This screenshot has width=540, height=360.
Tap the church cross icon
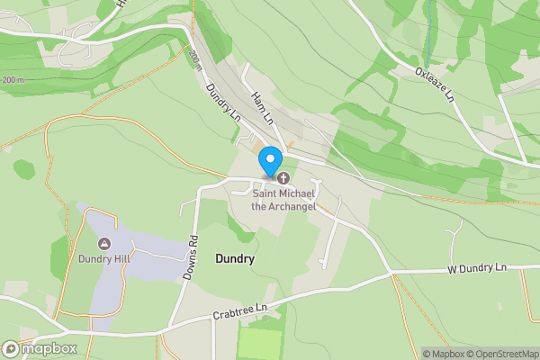283,177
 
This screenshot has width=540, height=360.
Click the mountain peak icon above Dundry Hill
104,244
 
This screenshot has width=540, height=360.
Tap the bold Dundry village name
235,259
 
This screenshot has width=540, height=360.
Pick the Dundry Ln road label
223,103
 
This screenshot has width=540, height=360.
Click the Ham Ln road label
263,107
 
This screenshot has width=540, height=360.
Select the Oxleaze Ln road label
436,85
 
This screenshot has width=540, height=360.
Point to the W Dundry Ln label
477,268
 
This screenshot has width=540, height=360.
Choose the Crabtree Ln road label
240,311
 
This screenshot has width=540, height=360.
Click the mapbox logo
40,348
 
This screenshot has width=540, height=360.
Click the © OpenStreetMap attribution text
500,354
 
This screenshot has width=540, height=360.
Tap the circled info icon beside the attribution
415,354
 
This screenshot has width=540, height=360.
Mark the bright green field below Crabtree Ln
261,343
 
